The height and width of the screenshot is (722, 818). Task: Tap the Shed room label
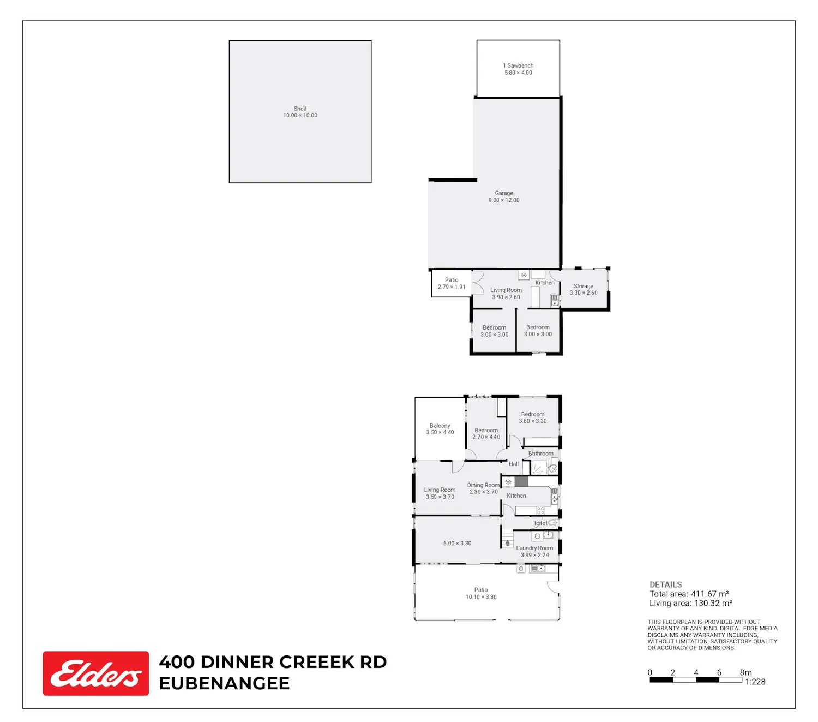tap(300, 112)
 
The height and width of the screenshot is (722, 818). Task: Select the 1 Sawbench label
tap(518, 69)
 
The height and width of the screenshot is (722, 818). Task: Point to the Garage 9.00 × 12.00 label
tap(503, 197)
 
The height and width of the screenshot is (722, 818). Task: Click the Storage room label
tap(583, 289)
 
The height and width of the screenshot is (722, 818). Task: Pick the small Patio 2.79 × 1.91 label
tap(452, 283)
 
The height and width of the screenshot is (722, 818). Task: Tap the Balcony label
tap(440, 429)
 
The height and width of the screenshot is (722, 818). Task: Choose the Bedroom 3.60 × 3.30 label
tap(533, 417)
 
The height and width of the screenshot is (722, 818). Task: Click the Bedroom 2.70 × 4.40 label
tap(486, 433)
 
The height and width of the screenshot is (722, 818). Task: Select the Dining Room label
tap(483, 485)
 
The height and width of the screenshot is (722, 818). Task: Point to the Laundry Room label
tap(534, 548)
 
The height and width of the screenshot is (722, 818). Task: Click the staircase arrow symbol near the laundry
tap(507, 543)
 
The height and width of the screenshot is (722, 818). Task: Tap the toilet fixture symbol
tap(552, 522)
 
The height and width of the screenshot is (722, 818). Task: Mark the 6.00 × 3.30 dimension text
tap(457, 543)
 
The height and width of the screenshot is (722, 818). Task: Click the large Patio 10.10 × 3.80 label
tap(481, 593)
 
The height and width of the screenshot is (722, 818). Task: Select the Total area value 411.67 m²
tap(710, 594)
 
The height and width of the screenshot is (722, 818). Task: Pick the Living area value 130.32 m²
tap(713, 603)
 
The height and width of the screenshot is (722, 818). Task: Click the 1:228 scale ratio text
tap(755, 682)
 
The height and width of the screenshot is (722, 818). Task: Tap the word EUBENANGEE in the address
tap(224, 683)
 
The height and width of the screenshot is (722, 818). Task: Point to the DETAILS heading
tap(665, 584)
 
